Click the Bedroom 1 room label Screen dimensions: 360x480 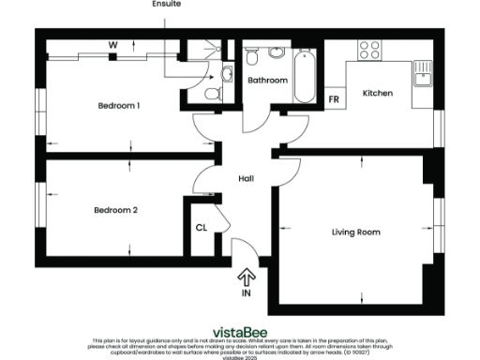click(x=119, y=106)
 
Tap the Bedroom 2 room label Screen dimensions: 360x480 click(x=116, y=211)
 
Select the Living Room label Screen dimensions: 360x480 click(x=356, y=232)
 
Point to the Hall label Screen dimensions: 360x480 click(x=246, y=178)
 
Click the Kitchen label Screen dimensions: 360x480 click(x=377, y=94)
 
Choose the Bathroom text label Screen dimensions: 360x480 click(x=267, y=81)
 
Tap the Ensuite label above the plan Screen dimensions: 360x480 click(x=166, y=5)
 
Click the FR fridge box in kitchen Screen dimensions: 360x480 click(x=333, y=99)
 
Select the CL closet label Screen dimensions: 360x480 click(x=201, y=228)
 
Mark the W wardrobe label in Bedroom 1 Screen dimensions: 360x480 click(x=112, y=44)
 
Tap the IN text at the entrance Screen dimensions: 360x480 click(x=247, y=293)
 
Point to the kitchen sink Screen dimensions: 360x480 click(x=423, y=72)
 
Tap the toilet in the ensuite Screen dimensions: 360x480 click(x=213, y=93)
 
